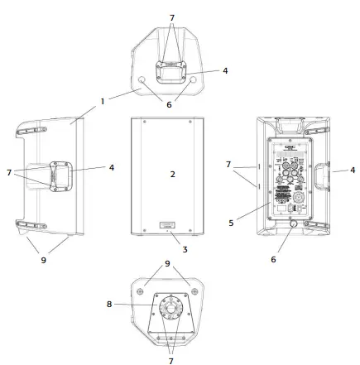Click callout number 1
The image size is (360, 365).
coord(103,102)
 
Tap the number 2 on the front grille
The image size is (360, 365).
coord(172,175)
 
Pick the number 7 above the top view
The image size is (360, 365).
coord(172,17)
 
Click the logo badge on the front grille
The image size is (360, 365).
coord(168,223)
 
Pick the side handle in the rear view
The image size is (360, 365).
coord(318,175)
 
